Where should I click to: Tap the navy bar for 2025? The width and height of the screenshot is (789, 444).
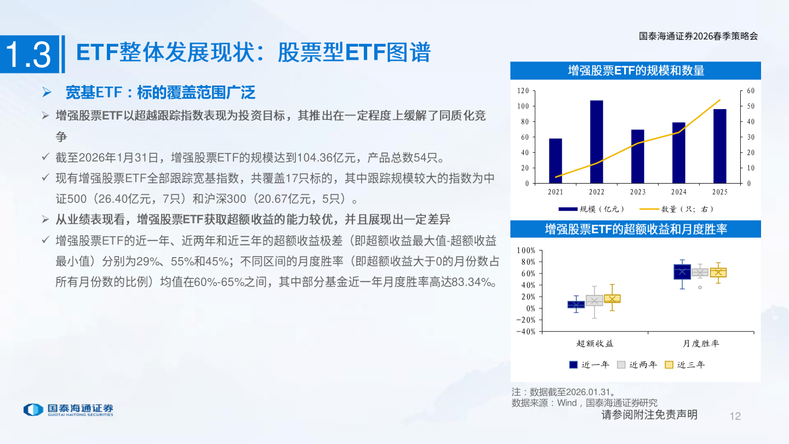click(719, 146)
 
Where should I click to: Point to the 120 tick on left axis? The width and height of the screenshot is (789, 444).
click(523, 91)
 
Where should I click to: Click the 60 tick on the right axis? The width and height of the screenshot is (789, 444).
click(751, 91)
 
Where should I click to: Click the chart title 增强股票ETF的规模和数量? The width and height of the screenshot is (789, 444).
click(636, 70)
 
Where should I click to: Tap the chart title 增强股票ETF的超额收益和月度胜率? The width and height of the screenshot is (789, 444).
click(636, 229)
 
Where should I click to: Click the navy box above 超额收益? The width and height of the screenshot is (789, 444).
click(576, 305)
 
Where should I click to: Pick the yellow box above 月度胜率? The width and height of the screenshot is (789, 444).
click(718, 272)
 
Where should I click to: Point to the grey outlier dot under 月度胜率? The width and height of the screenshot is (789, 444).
click(700, 287)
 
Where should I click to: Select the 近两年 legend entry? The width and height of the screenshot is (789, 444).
click(637, 365)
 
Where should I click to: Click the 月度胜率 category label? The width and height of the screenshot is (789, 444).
click(701, 344)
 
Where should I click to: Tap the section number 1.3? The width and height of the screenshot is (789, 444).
click(28, 55)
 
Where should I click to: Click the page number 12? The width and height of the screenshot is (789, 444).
click(735, 416)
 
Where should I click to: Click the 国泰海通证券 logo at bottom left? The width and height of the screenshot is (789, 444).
click(68, 409)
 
